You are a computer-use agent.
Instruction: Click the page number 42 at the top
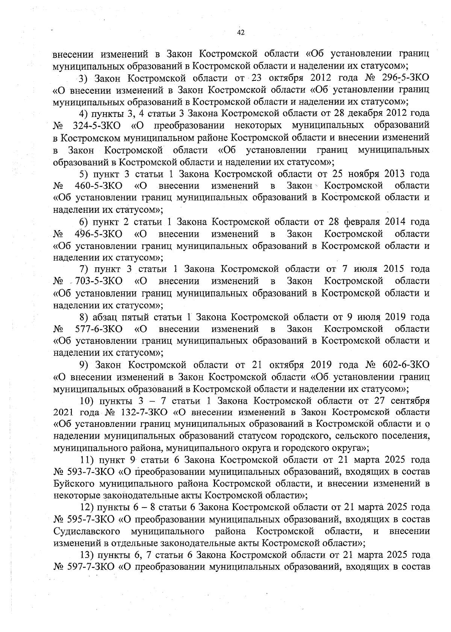[x=241, y=33]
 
